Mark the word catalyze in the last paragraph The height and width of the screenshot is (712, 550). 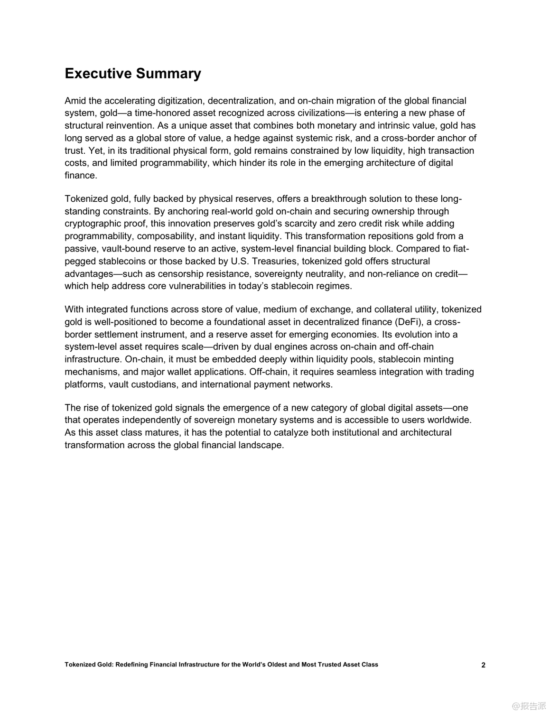(x=301, y=432)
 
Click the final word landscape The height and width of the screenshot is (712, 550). (x=261, y=445)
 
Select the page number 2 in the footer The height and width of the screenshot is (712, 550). (x=483, y=665)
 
